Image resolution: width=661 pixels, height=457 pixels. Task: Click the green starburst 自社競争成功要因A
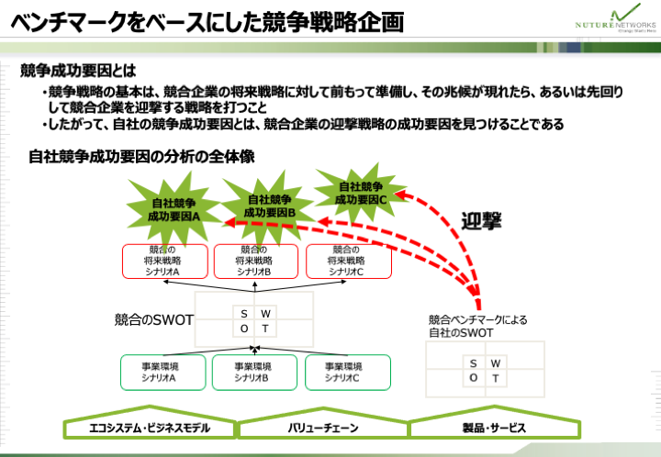pos(174,210)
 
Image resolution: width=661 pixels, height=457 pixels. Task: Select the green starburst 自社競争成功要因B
pos(268,206)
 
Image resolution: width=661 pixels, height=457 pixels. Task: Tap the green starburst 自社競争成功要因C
pos(361,193)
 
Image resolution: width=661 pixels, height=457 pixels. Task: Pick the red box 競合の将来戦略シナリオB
pos(254,261)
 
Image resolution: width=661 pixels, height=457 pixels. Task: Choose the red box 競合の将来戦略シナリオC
pos(348,261)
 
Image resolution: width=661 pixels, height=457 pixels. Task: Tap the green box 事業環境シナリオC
pos(342,372)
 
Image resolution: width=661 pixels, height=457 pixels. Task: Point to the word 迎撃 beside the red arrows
pos(482,220)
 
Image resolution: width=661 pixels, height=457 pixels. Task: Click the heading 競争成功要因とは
pos(78,71)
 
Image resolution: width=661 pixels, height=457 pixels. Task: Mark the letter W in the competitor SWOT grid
pos(265,314)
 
